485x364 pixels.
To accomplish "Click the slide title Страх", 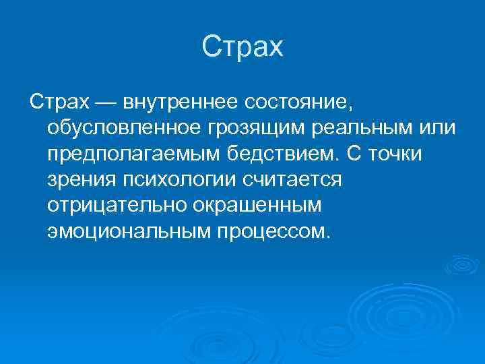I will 243,48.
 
